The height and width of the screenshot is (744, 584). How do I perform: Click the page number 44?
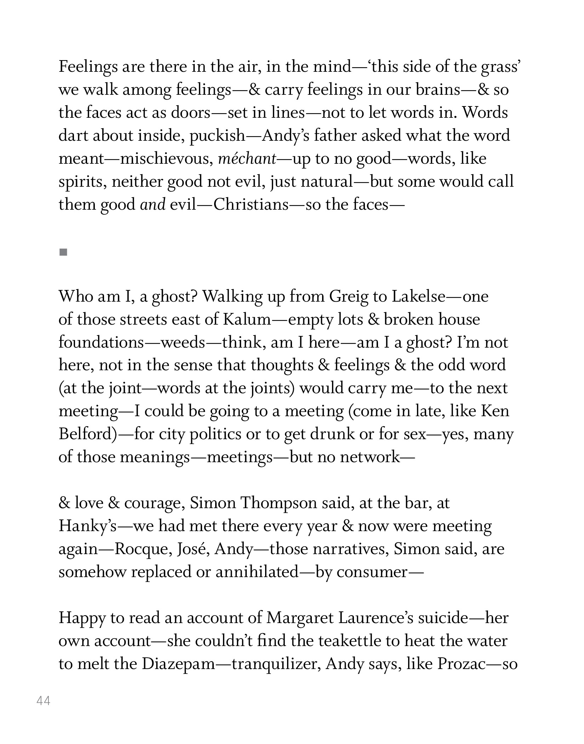click(44, 701)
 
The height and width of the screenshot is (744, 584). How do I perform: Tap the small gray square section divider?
click(63, 252)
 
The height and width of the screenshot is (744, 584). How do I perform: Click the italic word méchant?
click(247, 159)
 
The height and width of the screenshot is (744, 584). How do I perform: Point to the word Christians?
click(251, 204)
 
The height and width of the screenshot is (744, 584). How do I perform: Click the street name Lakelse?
click(418, 296)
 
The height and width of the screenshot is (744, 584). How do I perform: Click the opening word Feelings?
click(88, 67)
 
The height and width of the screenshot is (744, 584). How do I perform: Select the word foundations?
click(101, 342)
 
